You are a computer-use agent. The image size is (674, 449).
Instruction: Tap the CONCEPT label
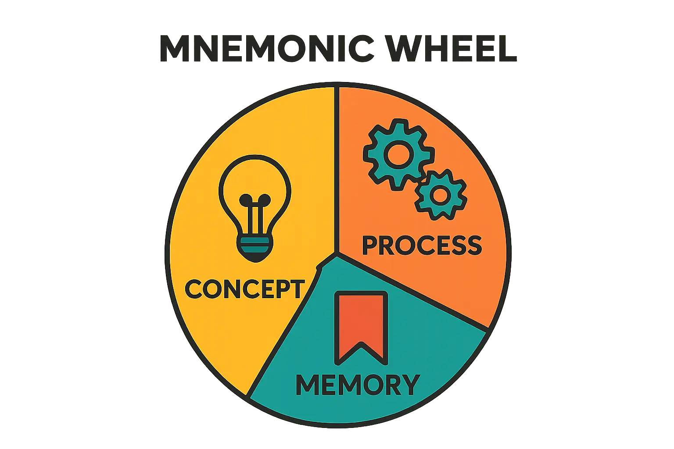click(244, 289)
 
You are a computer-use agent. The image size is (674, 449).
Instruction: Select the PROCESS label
click(422, 246)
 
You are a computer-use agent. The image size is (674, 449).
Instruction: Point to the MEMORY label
click(358, 385)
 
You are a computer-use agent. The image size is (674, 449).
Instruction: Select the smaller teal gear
click(440, 195)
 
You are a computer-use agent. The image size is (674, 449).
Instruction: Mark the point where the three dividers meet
click(336, 253)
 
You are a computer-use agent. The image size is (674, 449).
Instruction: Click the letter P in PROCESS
click(369, 246)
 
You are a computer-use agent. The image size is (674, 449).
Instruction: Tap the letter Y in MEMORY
click(409, 385)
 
